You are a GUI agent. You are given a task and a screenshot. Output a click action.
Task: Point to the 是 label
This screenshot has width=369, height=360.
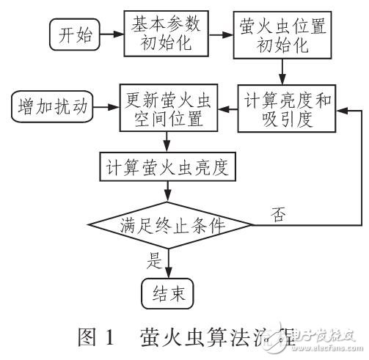155,259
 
